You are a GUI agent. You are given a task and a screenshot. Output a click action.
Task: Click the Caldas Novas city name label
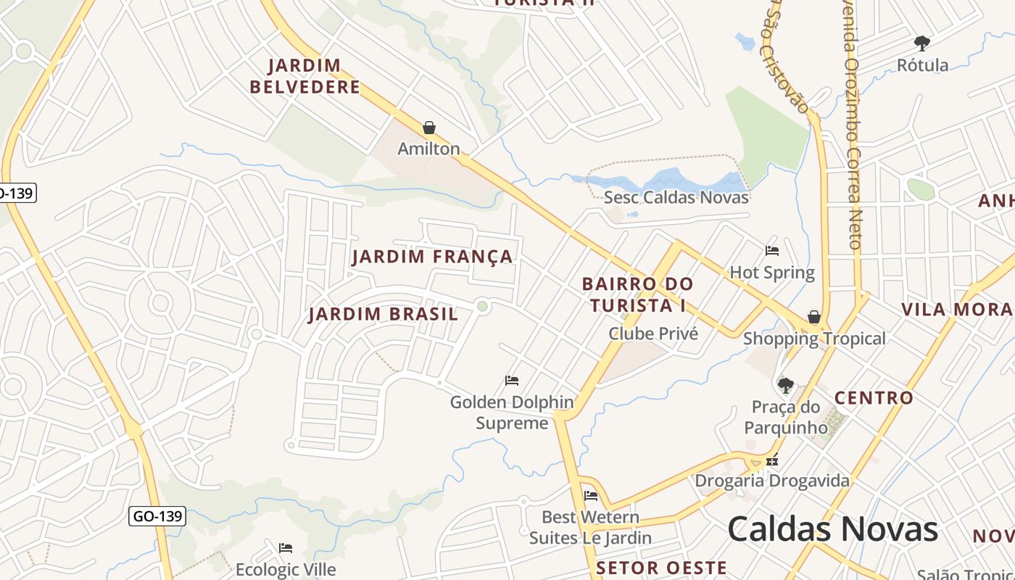(x=832, y=529)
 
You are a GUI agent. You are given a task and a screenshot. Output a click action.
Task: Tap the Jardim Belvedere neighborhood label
(x=304, y=76)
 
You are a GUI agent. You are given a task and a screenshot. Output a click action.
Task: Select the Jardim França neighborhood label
(x=433, y=257)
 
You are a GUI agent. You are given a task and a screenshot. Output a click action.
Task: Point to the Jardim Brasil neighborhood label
(x=383, y=314)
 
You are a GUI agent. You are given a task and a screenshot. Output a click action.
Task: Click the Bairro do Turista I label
(x=637, y=294)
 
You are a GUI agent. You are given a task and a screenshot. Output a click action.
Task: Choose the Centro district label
(x=874, y=398)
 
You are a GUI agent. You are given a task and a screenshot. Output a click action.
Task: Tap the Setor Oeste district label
(x=661, y=568)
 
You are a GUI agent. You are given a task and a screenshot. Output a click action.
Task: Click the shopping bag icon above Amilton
(x=429, y=128)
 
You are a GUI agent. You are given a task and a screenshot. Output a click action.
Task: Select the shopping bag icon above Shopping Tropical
(x=814, y=318)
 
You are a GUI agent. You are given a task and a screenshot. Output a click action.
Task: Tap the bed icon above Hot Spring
(x=772, y=251)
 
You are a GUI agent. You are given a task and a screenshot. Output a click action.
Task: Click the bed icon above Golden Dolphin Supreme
(x=512, y=381)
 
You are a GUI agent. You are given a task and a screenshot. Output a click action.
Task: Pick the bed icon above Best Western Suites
(x=591, y=496)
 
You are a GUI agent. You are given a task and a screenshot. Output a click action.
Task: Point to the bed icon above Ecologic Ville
(x=286, y=548)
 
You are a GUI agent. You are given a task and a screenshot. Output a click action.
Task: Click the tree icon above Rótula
(x=922, y=43)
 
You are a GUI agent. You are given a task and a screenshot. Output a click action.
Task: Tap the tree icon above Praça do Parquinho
(x=785, y=385)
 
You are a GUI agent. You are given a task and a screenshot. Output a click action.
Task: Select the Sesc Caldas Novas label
(x=676, y=197)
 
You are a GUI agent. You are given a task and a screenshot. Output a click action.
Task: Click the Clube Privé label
(x=652, y=333)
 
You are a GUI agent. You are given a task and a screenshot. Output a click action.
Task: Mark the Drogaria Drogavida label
(x=772, y=481)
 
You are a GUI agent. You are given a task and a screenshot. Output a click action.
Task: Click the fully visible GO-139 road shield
(x=158, y=516)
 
